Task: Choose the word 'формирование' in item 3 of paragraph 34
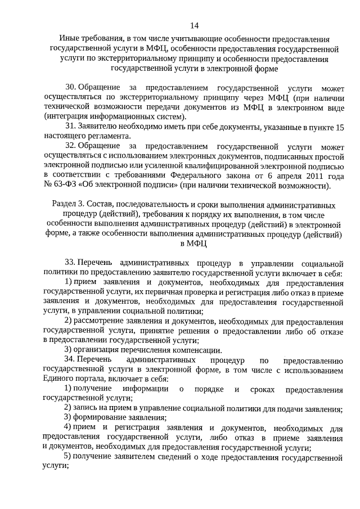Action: (x=102, y=417)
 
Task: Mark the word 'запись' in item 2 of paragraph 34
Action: (x=87, y=407)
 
